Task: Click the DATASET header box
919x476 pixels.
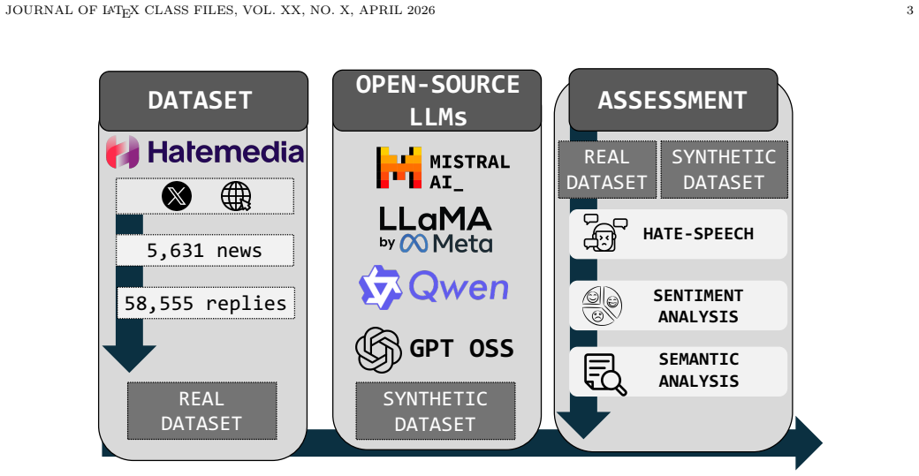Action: pyautogui.click(x=203, y=101)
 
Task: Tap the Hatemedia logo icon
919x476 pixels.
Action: pyautogui.click(x=123, y=152)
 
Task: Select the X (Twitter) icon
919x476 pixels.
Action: pyautogui.click(x=177, y=195)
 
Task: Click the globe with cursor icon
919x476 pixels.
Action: pyautogui.click(x=236, y=195)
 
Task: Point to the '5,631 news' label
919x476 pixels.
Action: pyautogui.click(x=204, y=250)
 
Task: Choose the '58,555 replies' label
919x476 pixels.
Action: pyautogui.click(x=206, y=303)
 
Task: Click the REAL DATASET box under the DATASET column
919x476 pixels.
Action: pyautogui.click(x=201, y=411)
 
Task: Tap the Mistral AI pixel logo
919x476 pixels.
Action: pyautogui.click(x=399, y=168)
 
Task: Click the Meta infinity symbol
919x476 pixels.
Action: pyautogui.click(x=414, y=244)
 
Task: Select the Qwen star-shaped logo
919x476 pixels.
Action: pyautogui.click(x=380, y=287)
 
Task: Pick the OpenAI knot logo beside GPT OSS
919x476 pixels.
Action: pyautogui.click(x=378, y=350)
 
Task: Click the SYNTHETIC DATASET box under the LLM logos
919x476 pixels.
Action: pyautogui.click(x=436, y=411)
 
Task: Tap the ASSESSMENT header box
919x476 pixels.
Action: pyautogui.click(x=672, y=100)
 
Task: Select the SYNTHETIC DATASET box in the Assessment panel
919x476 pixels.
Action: pyautogui.click(x=724, y=170)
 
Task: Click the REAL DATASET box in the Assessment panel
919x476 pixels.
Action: pyautogui.click(x=606, y=170)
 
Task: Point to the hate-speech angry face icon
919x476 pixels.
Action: pyautogui.click(x=604, y=233)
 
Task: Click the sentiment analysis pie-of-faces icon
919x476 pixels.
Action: pyautogui.click(x=602, y=306)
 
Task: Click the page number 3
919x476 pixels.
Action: pyautogui.click(x=909, y=10)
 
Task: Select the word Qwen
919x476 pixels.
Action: pyautogui.click(x=459, y=287)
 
